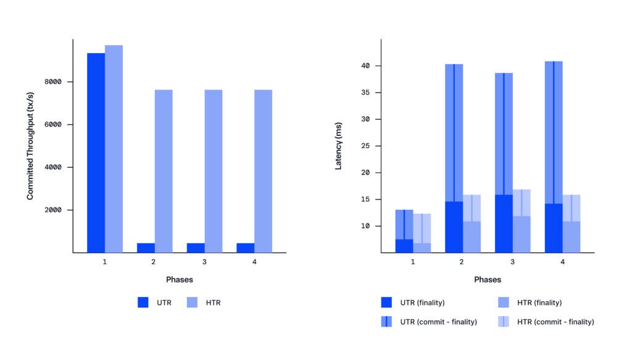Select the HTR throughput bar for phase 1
pyautogui.click(x=114, y=149)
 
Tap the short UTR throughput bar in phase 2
pyautogui.click(x=146, y=248)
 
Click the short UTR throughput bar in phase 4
pyautogui.click(x=245, y=248)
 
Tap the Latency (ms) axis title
pyautogui.click(x=338, y=146)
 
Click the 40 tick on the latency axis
pyautogui.click(x=365, y=66)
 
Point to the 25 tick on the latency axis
pyautogui.click(x=365, y=146)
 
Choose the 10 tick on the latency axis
pyautogui.click(x=365, y=226)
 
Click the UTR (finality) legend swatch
pyautogui.click(x=386, y=303)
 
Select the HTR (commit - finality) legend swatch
pyautogui.click(x=503, y=322)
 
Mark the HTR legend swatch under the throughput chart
pyautogui.click(x=192, y=303)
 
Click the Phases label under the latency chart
pyautogui.click(x=488, y=280)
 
